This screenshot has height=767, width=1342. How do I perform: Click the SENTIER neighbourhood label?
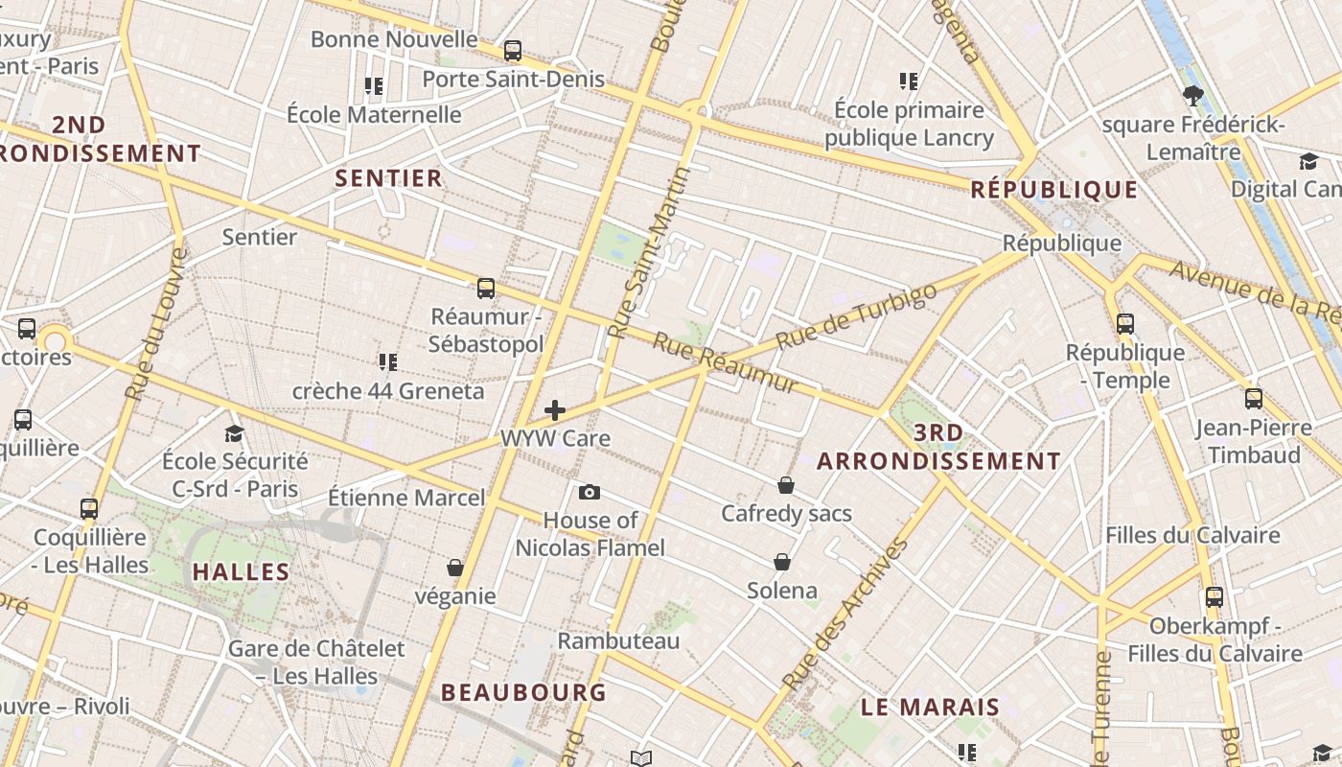[x=388, y=178]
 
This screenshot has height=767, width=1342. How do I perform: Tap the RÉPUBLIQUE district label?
[x=1053, y=190]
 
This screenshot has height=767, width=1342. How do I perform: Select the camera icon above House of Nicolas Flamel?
[x=590, y=493]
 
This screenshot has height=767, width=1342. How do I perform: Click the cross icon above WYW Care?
[x=555, y=411]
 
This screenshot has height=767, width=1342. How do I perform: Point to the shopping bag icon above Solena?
[x=782, y=562]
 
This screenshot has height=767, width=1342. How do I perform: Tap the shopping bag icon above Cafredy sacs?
[x=786, y=485]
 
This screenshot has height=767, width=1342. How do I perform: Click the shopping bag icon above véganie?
[x=455, y=568]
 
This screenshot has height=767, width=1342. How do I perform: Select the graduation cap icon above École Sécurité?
[x=234, y=433]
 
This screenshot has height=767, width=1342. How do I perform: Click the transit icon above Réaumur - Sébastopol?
[x=486, y=288]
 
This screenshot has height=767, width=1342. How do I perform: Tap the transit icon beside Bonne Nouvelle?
[x=513, y=51]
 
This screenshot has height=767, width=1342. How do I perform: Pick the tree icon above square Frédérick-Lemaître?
[x=1193, y=95]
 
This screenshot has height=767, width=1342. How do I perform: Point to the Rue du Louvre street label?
[x=154, y=324]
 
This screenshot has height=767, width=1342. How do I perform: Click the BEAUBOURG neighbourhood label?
[x=523, y=692]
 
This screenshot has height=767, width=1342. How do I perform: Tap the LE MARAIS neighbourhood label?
[x=930, y=708]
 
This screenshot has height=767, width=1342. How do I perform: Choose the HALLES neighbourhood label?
[x=241, y=572]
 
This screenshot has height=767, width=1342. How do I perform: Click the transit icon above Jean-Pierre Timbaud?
[x=1253, y=399]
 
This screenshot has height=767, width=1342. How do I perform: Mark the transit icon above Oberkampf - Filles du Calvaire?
[x=1215, y=597]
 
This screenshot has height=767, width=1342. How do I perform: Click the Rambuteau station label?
[x=618, y=640]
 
